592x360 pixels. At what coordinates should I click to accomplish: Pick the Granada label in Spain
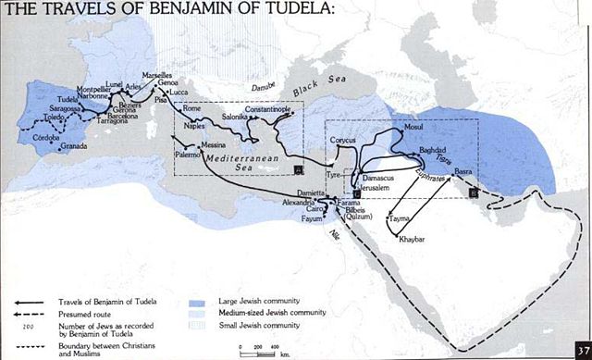(x=74, y=146)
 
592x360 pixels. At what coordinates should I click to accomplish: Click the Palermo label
(x=190, y=159)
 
